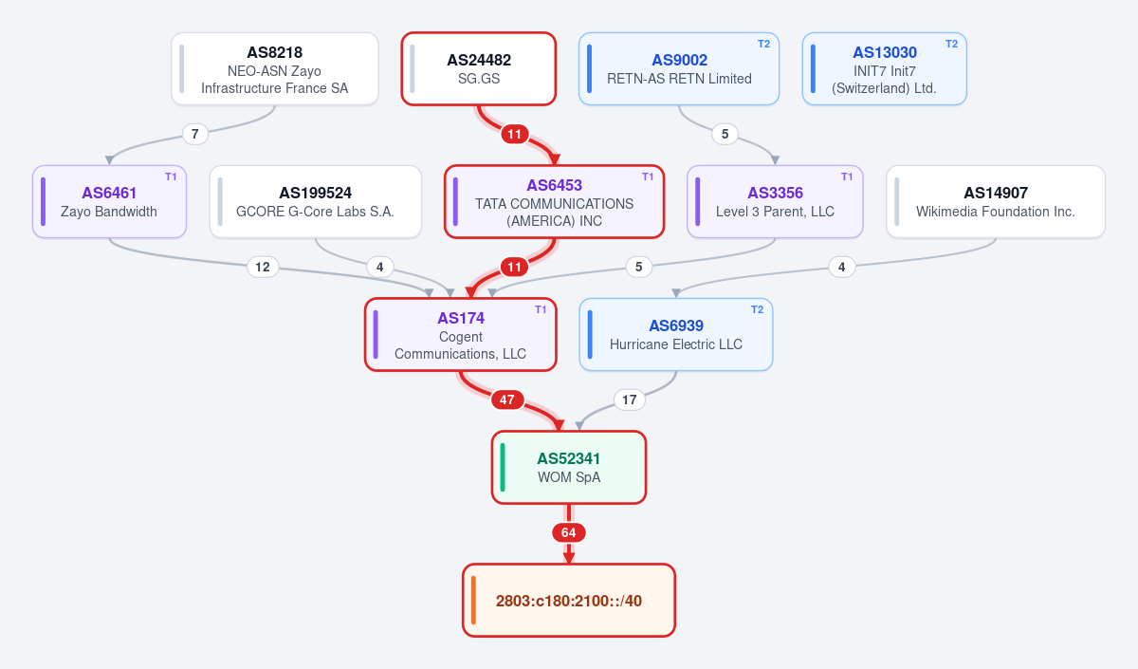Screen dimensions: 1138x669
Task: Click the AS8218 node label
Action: (x=274, y=52)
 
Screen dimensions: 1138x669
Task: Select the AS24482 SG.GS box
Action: (x=479, y=69)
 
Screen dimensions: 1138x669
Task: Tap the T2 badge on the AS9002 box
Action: (x=763, y=45)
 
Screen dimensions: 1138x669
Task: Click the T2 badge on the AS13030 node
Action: (x=951, y=45)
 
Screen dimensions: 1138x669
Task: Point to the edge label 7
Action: (x=195, y=134)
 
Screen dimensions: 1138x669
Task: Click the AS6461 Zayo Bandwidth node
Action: (x=109, y=202)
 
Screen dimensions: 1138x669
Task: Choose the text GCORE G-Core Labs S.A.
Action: (x=315, y=212)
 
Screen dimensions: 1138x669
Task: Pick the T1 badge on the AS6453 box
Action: (x=648, y=177)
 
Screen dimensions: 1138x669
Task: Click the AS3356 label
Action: (x=776, y=194)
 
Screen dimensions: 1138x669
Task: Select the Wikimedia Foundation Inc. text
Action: (x=995, y=212)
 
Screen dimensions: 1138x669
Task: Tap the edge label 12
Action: (x=263, y=267)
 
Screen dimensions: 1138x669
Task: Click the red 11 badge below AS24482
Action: (x=515, y=134)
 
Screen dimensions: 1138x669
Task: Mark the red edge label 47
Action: (x=507, y=400)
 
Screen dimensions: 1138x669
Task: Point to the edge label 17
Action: (x=630, y=400)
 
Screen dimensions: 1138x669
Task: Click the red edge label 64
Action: (x=568, y=532)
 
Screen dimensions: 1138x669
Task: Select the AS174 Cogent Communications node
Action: (x=461, y=334)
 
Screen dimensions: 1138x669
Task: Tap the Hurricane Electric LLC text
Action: (x=675, y=344)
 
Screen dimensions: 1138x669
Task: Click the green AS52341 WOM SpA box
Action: (x=569, y=467)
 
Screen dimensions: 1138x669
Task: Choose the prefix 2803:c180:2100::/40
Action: (x=569, y=601)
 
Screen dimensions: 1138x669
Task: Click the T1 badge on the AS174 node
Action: (x=541, y=309)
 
